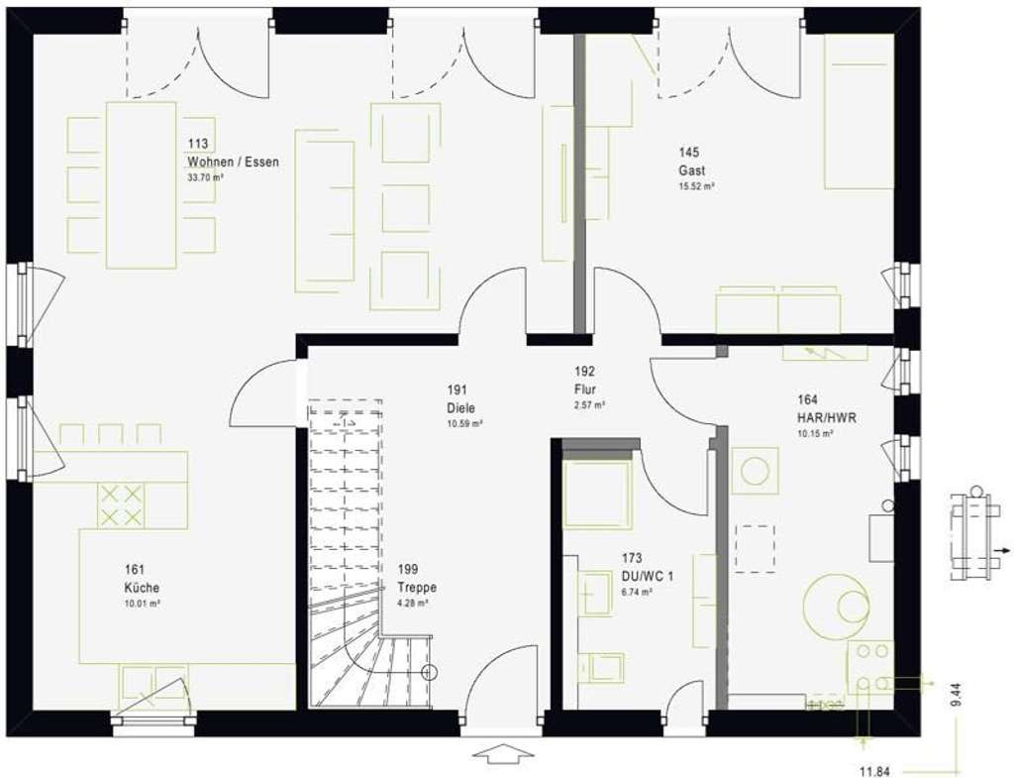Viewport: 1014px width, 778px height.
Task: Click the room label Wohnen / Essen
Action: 233,162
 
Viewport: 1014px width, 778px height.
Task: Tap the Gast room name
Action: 691,169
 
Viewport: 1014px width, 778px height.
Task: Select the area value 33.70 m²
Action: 206,178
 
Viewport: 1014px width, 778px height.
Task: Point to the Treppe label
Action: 416,587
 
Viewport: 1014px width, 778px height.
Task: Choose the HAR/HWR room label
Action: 827,417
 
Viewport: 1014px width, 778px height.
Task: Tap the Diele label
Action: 460,407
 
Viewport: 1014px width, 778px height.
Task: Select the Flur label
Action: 585,389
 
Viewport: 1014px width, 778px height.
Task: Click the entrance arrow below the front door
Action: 503,755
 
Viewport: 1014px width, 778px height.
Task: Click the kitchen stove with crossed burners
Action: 121,504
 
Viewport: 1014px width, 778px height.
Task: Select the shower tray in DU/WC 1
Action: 597,495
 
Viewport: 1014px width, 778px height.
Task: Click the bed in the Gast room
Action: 859,112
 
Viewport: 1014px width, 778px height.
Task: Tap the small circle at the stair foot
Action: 429,673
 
